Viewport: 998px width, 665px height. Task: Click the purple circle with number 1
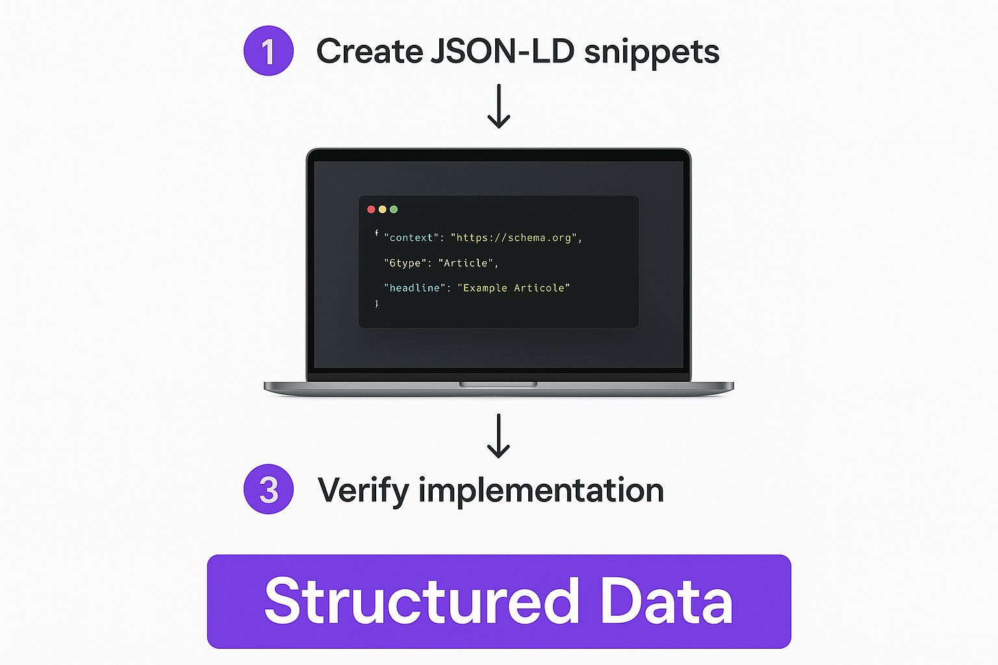coord(268,51)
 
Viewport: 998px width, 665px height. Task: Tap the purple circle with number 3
coord(268,489)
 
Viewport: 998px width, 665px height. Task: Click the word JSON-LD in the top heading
coord(502,51)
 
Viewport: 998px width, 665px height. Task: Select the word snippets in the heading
coord(652,53)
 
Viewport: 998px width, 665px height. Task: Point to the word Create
coord(369,51)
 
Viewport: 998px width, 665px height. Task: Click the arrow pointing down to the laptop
coord(498,106)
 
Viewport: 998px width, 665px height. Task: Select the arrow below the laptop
coord(498,436)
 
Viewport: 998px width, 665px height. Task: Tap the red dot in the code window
coord(371,209)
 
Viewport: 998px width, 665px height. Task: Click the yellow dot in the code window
coord(382,209)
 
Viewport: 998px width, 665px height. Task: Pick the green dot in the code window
coord(393,209)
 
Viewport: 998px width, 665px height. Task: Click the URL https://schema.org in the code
coord(514,238)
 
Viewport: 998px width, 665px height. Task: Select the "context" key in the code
coord(411,238)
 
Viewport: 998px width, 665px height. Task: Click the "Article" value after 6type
coord(466,263)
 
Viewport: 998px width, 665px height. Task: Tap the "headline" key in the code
coord(415,288)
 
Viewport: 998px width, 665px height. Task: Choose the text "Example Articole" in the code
coord(514,288)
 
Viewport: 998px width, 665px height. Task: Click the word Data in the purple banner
coord(667,601)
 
